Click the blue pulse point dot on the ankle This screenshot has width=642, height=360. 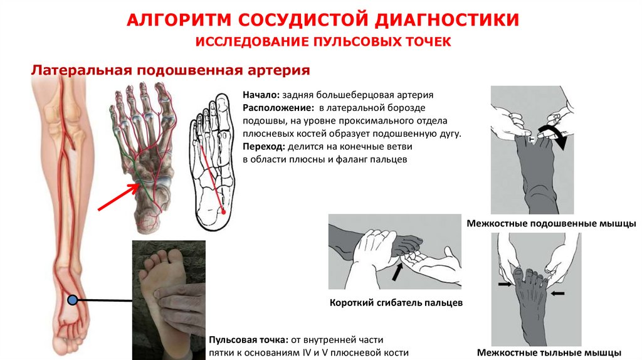(73, 300)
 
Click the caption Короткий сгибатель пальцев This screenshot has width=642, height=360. (396, 303)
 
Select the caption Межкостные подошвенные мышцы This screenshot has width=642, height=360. (551, 223)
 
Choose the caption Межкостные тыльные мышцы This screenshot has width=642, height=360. (549, 352)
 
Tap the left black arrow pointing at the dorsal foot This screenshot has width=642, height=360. (503, 284)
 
